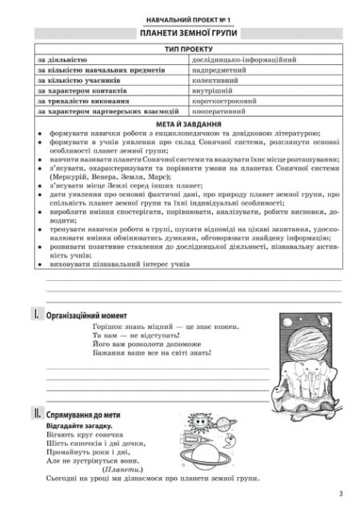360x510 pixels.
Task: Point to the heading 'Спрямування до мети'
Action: [x=88, y=414]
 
